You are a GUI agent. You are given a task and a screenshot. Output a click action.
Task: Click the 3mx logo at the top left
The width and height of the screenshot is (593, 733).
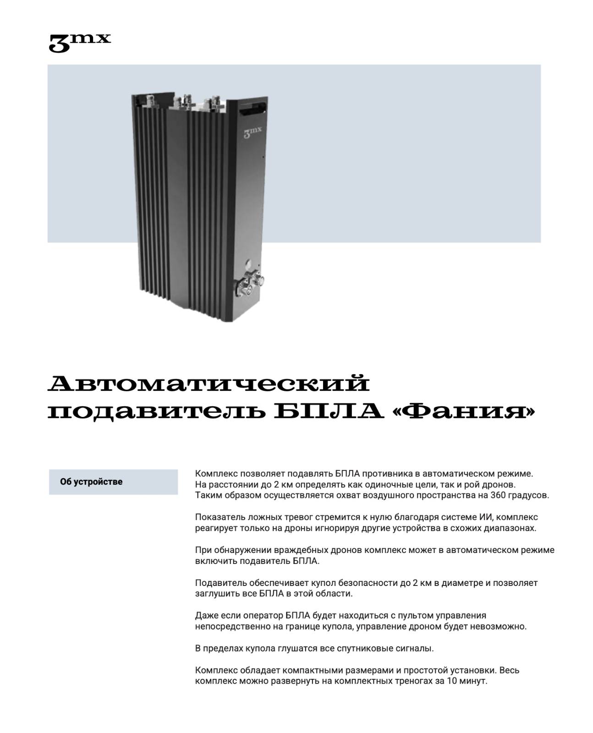click(80, 42)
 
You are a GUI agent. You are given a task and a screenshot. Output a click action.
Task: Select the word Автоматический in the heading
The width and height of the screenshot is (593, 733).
click(209, 384)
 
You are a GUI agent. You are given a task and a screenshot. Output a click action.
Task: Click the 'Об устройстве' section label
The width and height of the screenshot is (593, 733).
click(91, 482)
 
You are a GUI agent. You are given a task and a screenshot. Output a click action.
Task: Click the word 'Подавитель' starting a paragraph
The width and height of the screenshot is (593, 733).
click(220, 583)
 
